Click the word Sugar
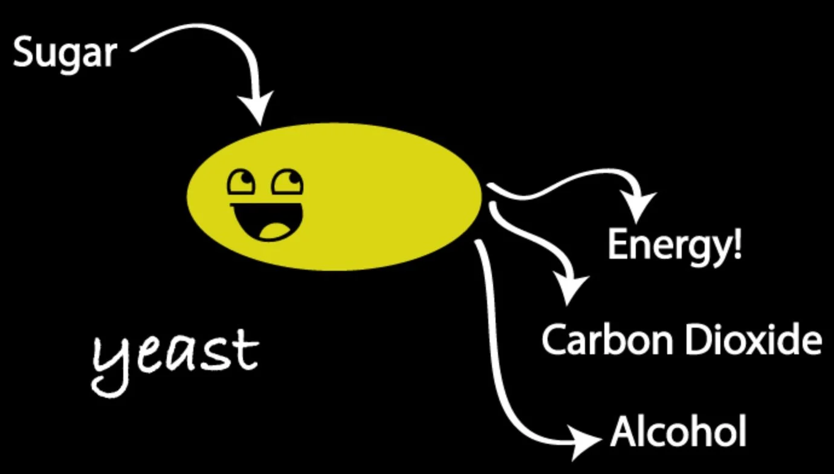click(x=64, y=53)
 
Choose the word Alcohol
click(x=678, y=432)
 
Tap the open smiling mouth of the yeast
click(x=266, y=221)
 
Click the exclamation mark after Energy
click(x=736, y=243)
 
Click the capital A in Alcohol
click(x=624, y=432)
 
